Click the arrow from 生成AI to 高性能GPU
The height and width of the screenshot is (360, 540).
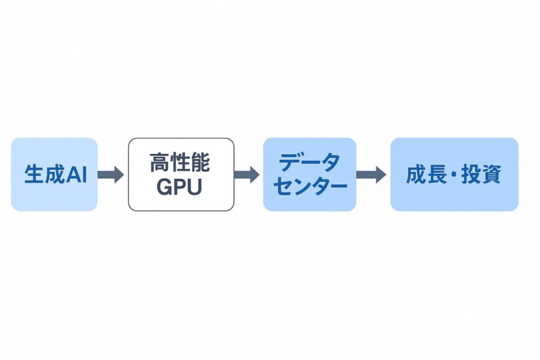pos(111,174)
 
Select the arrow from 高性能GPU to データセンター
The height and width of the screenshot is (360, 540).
pos(247,174)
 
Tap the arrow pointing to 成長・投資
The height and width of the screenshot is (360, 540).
pos(372,174)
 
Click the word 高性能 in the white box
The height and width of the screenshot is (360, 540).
pos(180,163)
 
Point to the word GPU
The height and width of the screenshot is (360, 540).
pos(180,188)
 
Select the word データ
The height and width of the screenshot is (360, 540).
pos(310,163)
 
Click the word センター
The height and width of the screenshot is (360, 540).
pos(310,187)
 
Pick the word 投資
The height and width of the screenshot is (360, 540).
pos(481,175)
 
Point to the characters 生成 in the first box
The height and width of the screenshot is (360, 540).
pos(44,175)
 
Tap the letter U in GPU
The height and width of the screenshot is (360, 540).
pos(195,188)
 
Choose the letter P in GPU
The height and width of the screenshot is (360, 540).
pos(180,188)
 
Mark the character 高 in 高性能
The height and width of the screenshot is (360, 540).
pos(160,163)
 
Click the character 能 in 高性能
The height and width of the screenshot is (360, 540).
pos(200,163)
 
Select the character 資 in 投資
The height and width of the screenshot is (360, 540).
pos(491,175)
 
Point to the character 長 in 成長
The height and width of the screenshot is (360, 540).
pos(435,175)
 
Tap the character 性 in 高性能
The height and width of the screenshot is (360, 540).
pos(180,163)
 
